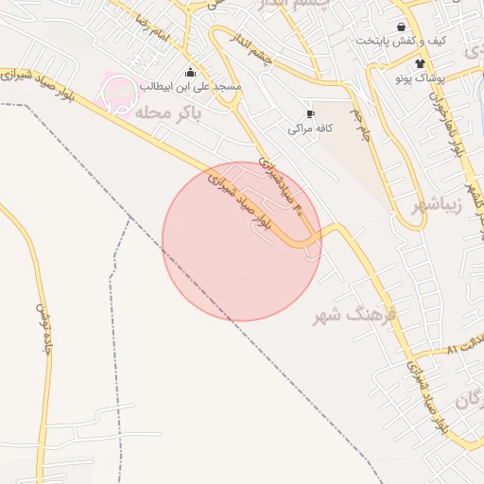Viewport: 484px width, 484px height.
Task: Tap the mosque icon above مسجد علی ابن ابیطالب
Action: point(191,72)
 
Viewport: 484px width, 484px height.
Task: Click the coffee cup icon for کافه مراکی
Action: point(310,113)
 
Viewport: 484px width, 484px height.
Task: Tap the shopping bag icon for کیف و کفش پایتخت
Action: point(403,27)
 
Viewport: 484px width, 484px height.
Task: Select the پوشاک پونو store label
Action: point(419,78)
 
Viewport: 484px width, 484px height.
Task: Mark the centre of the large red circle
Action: point(242,241)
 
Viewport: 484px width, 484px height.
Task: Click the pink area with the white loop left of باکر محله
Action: point(118,92)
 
